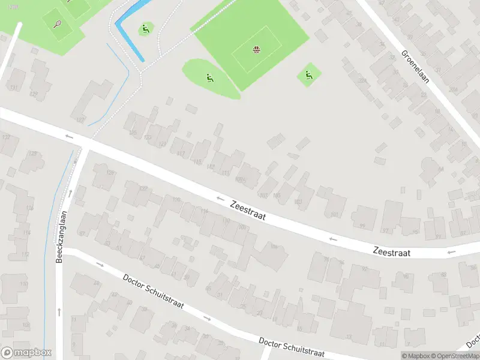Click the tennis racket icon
[58, 24]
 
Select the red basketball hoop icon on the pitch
[257, 49]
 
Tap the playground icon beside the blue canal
[145, 28]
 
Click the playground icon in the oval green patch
[209, 77]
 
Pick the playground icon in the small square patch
[308, 74]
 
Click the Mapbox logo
[26, 353]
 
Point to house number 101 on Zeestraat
[334, 214]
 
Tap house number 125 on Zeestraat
[133, 133]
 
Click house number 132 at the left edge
[7, 137]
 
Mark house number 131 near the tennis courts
[13, 88]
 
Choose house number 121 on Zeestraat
[163, 144]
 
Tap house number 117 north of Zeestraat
[181, 153]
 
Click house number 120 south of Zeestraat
[176, 199]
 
